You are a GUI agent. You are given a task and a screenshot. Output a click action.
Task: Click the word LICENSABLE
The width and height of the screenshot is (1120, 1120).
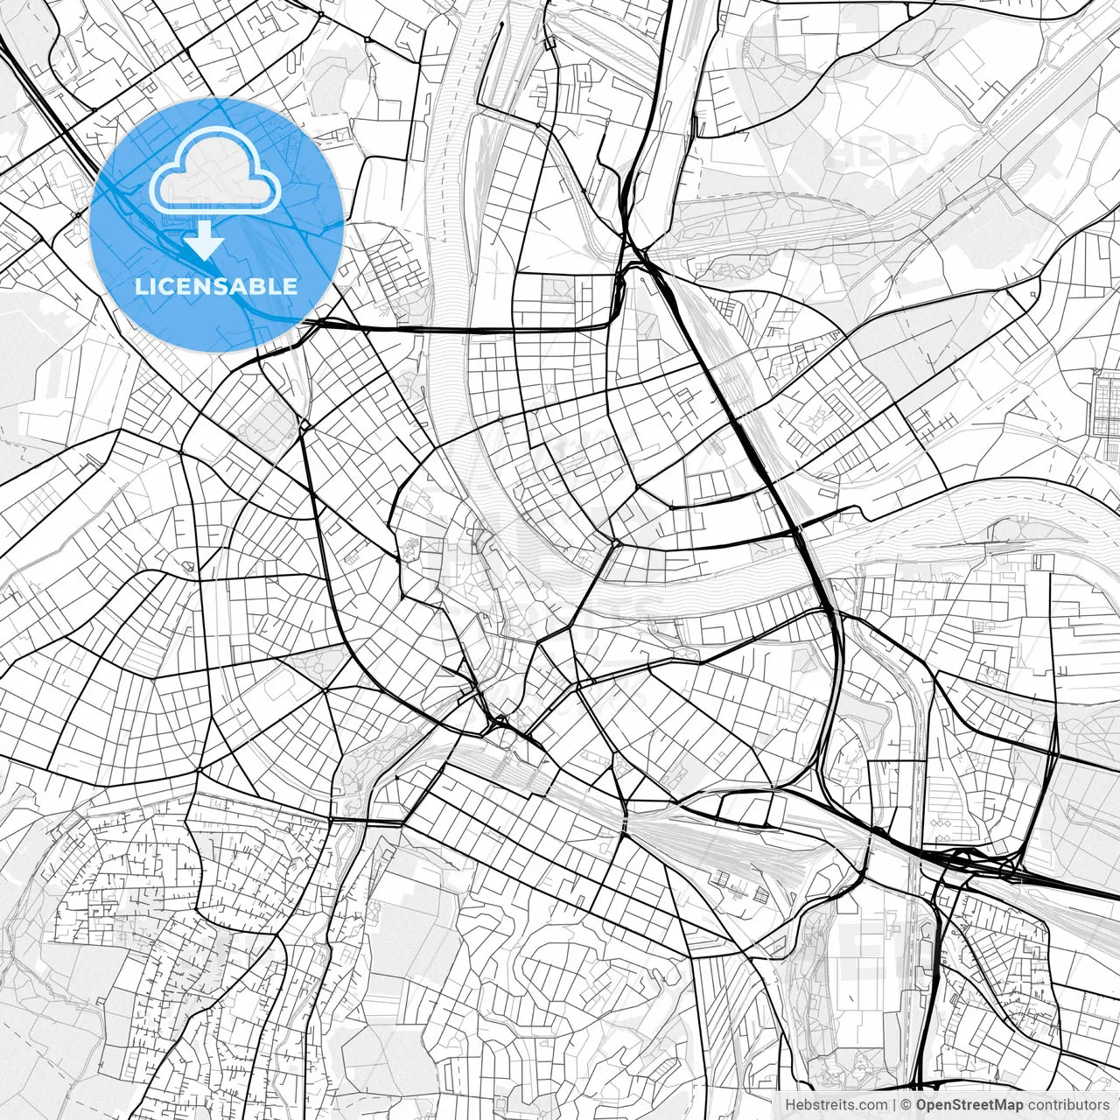point(215,286)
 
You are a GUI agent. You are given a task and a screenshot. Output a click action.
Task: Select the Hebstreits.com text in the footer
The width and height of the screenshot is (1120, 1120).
point(836,1105)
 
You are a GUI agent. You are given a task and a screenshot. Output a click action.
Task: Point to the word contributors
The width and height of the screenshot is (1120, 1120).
point(1067,1105)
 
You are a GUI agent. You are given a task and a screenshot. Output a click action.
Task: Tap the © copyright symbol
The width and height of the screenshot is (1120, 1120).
point(906,1105)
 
